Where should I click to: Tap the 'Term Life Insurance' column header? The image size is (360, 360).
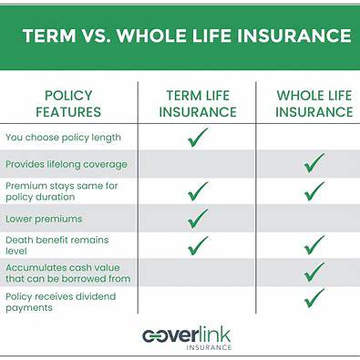[x=197, y=104]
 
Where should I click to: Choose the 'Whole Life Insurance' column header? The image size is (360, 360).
[x=314, y=104]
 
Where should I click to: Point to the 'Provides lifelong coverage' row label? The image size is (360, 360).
[x=67, y=164]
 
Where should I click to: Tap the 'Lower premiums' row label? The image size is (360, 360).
[x=43, y=219]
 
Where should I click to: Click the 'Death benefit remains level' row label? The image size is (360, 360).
[x=57, y=245]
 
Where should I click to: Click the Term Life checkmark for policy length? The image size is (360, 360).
[x=197, y=138]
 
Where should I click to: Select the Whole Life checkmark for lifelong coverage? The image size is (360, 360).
[x=314, y=163]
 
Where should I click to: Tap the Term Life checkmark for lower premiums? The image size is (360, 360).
[x=197, y=219]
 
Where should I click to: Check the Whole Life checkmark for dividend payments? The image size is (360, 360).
[x=314, y=299]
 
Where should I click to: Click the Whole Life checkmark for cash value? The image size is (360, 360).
[x=314, y=272]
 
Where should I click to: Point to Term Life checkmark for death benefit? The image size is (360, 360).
[x=197, y=245]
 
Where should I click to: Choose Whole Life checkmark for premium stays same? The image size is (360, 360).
[x=314, y=191]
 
